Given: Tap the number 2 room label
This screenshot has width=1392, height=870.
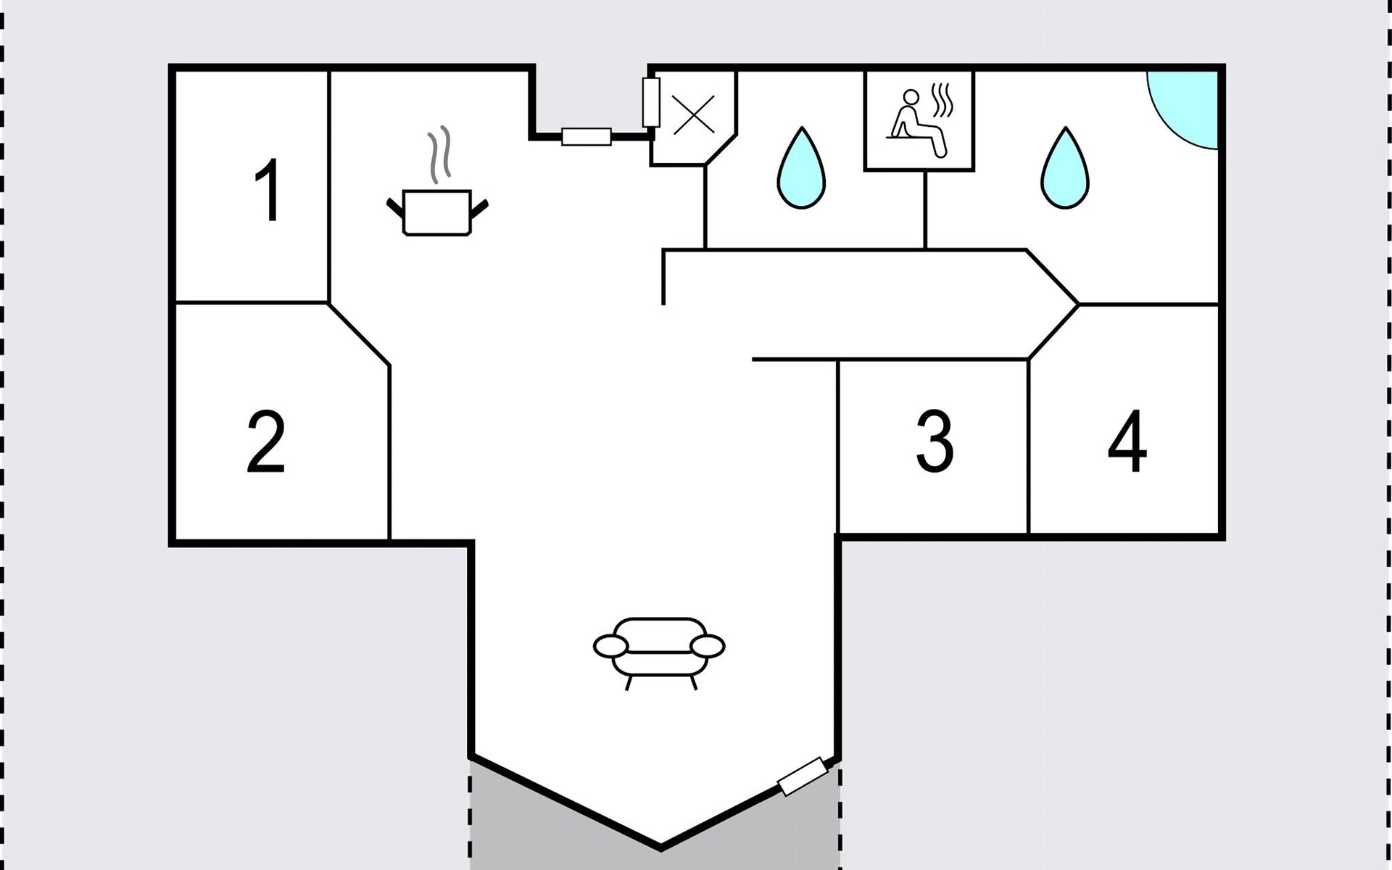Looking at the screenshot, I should (x=266, y=442).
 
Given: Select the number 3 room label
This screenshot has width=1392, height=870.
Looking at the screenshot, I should (x=935, y=442).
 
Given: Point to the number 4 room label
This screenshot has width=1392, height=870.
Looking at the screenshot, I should (x=1127, y=442).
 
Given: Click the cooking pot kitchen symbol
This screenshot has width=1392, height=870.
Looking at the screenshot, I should (x=436, y=212).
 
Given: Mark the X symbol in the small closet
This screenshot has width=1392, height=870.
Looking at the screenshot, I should (x=694, y=115).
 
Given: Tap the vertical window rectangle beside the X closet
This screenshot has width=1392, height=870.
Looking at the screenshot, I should (x=651, y=103).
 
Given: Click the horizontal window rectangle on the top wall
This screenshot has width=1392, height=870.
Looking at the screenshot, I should (x=587, y=136).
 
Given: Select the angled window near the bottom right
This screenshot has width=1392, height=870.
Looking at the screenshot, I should (x=803, y=776).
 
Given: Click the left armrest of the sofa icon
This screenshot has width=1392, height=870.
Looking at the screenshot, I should (x=610, y=645).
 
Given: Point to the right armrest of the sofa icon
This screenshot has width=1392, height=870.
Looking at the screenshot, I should (x=708, y=645).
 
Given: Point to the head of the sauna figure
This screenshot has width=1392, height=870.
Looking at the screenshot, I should (x=911, y=97).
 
